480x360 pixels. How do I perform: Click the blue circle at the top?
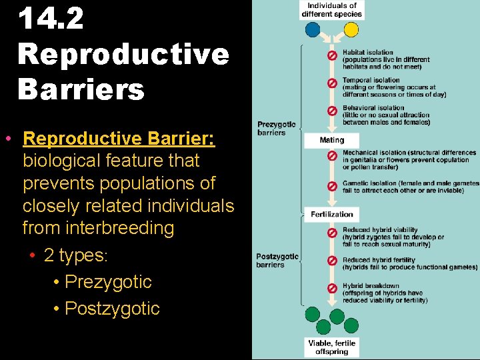click(x=312, y=30)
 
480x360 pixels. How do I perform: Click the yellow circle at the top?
click(x=351, y=30)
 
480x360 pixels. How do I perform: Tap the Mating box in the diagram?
click(x=331, y=141)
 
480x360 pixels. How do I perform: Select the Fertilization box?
click(x=331, y=214)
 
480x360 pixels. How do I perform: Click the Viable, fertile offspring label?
click(x=331, y=347)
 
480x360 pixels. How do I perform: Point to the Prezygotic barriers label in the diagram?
click(x=276, y=128)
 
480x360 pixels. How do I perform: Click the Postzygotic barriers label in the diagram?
click(x=277, y=261)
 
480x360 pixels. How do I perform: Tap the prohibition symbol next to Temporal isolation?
click(x=331, y=83)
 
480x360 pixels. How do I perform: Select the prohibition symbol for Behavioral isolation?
click(x=331, y=111)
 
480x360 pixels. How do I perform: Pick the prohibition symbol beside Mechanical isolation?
click(x=331, y=156)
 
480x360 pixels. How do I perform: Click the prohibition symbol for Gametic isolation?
click(x=331, y=185)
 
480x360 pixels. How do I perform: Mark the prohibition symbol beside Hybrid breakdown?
click(x=331, y=289)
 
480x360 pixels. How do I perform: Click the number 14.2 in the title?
click(x=51, y=19)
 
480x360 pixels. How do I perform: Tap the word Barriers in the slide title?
click(x=81, y=89)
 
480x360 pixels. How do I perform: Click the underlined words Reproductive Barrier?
click(x=119, y=139)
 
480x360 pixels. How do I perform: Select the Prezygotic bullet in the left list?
click(x=107, y=282)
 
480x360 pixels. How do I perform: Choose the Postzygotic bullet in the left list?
click(x=112, y=309)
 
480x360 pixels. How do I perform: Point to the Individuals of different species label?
click(x=331, y=10)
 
